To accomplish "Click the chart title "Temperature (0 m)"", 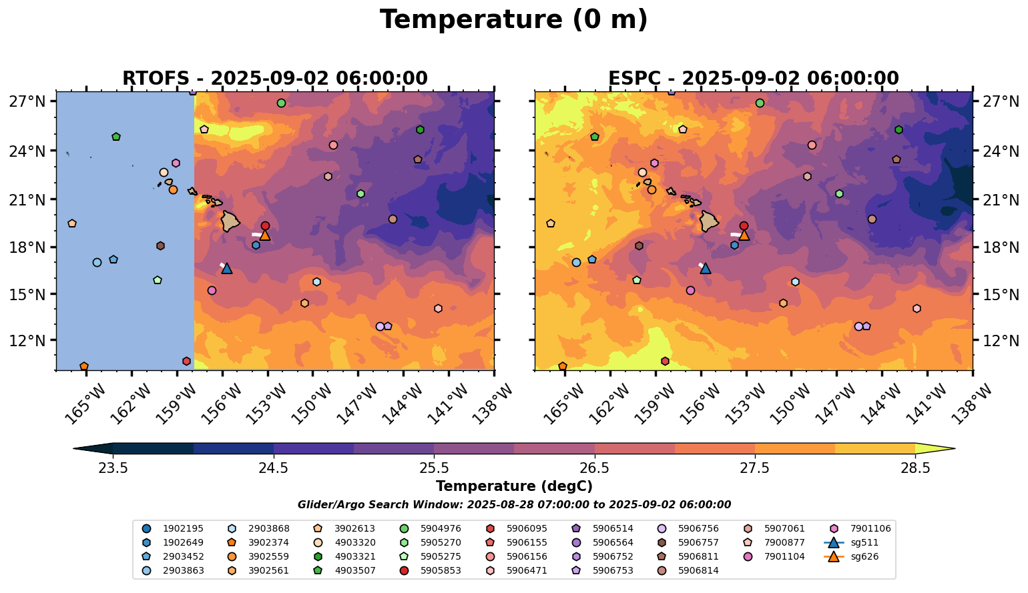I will (513, 20).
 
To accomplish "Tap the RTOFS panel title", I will (274, 79).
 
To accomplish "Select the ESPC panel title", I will (754, 79).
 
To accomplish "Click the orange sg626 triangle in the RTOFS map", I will (265, 235).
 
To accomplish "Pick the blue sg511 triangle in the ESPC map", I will (705, 268).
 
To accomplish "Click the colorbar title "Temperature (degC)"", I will (513, 486).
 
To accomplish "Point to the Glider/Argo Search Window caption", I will (513, 505).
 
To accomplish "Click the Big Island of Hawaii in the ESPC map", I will (708, 221).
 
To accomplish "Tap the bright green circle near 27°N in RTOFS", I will (281, 103).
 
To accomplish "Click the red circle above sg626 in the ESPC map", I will (744, 226).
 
